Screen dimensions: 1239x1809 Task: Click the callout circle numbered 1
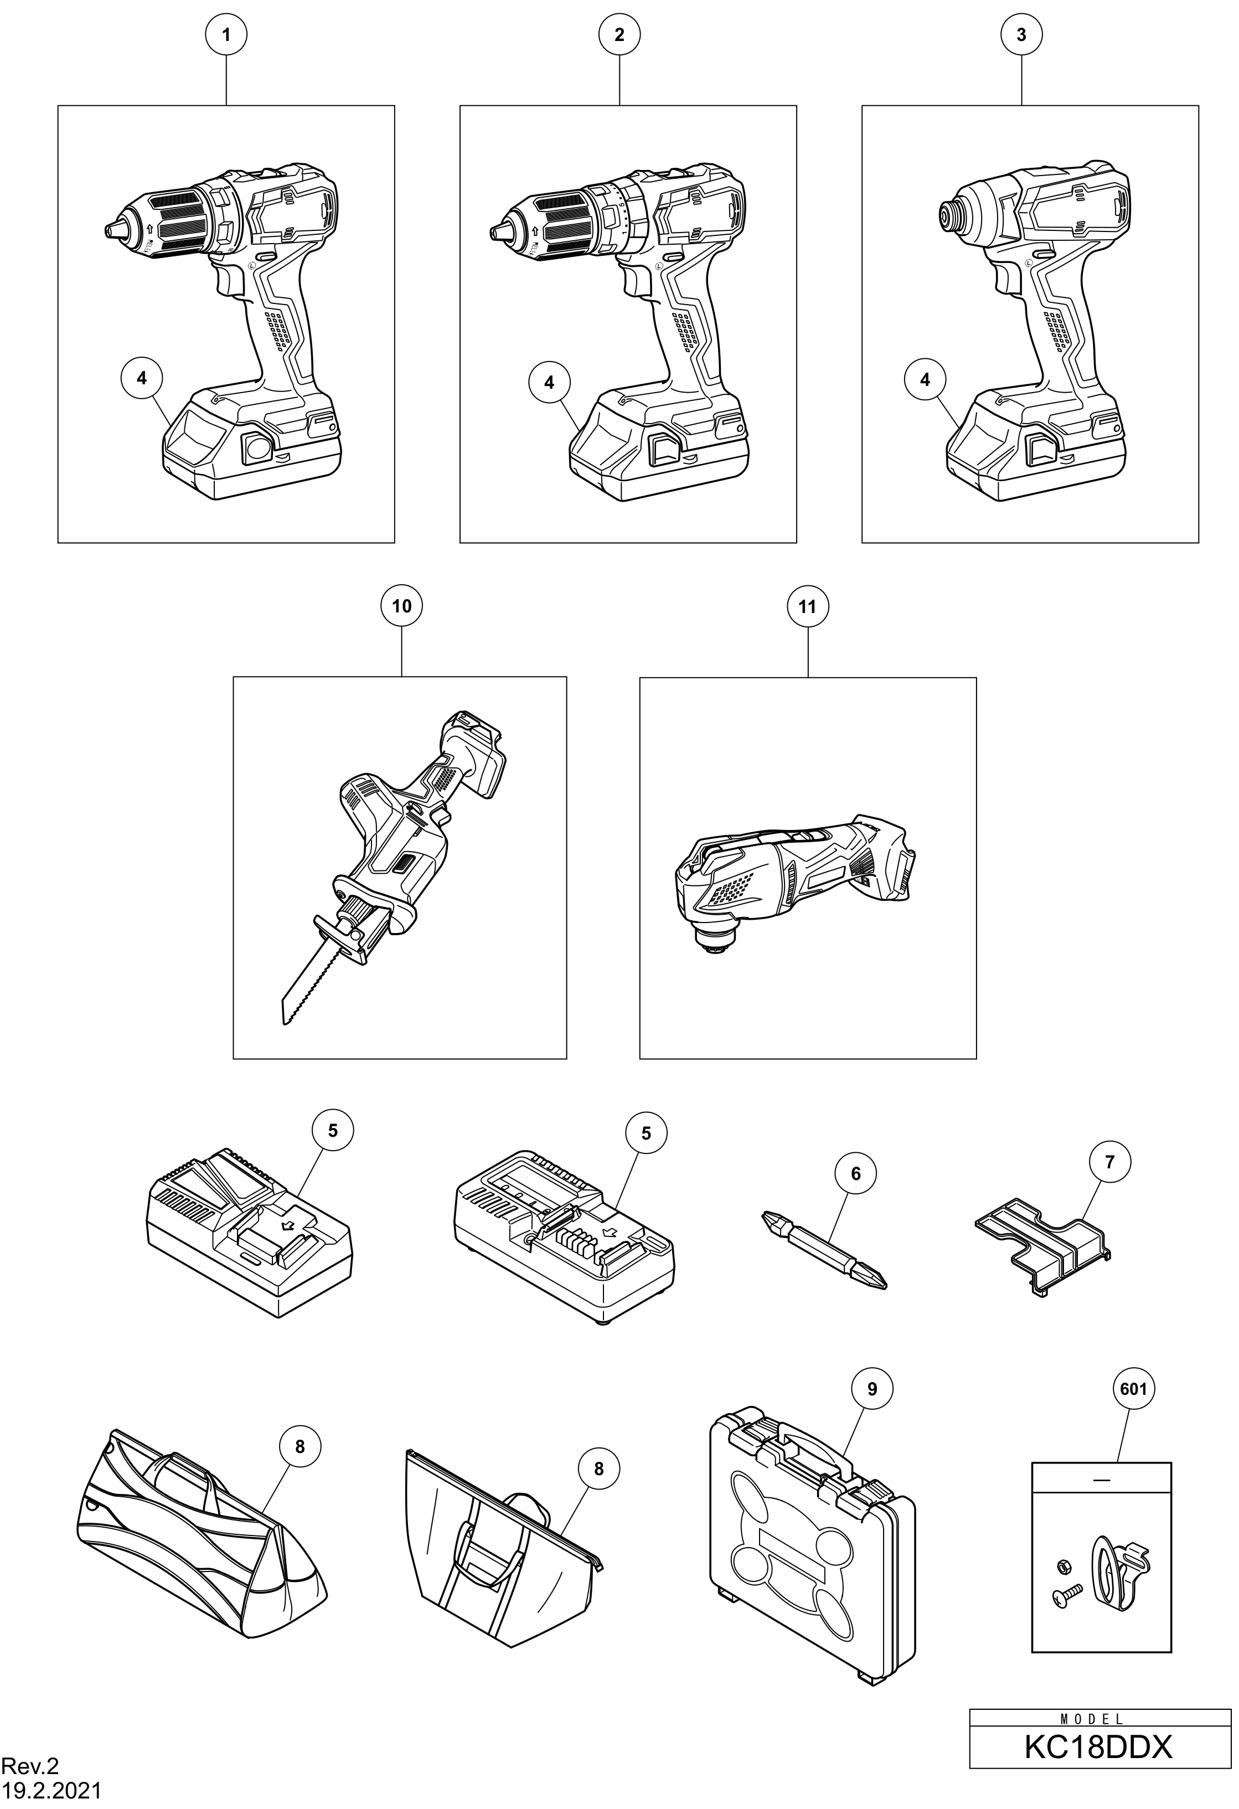[226, 34]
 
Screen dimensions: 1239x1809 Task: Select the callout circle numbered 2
[619, 34]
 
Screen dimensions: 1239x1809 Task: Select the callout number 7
[1110, 1162]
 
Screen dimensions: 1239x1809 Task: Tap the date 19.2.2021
[50, 1791]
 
